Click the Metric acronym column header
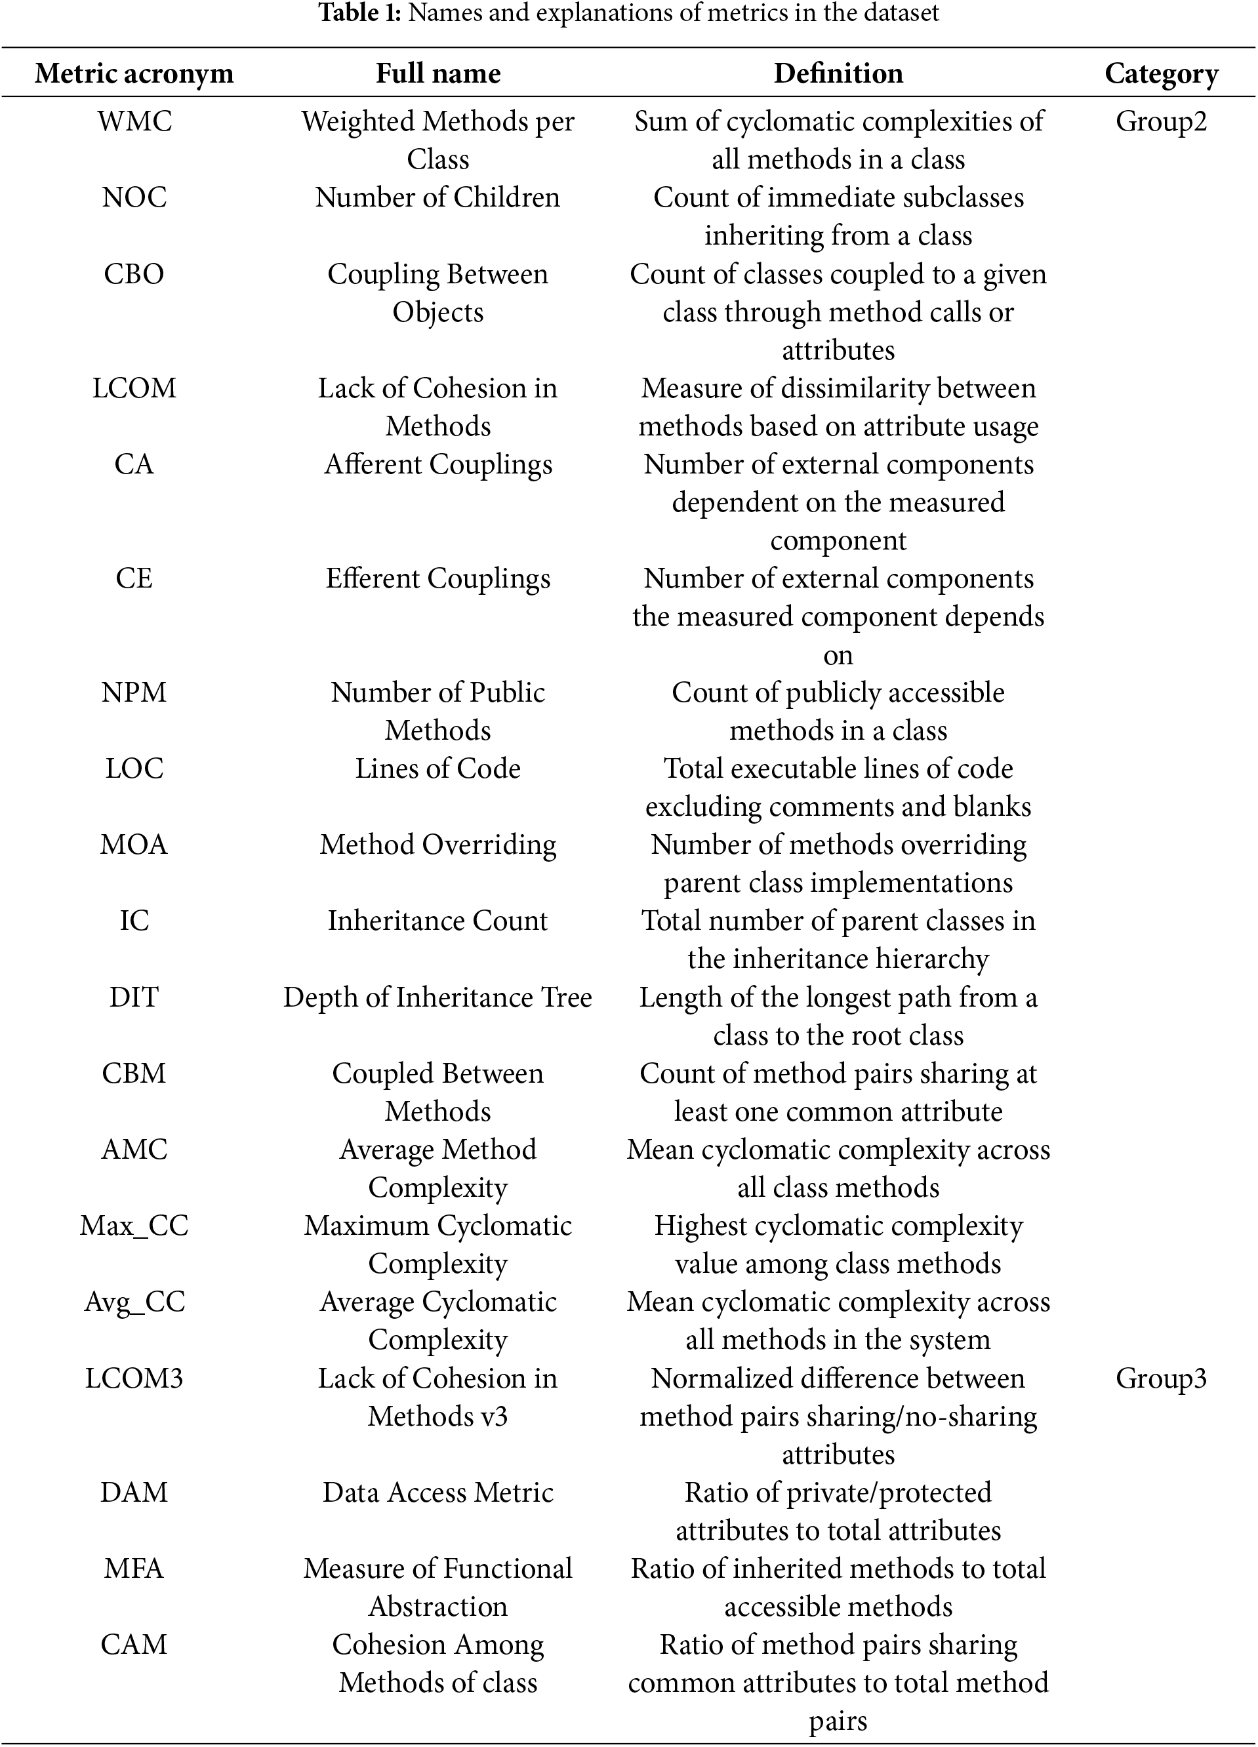pos(134,74)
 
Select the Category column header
pos(1161,74)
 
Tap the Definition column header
pos(838,74)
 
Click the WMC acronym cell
pos(134,122)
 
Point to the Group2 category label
pos(1161,122)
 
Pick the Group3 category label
pos(1161,1378)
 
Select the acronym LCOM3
pos(134,1378)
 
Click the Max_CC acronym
pos(134,1226)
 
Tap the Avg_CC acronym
pos(134,1302)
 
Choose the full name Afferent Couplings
pos(437,464)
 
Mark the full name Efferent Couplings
pos(437,578)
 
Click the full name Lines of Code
pos(437,769)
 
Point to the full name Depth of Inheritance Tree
pos(437,997)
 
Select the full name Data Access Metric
pos(437,1492)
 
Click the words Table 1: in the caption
pos(361,13)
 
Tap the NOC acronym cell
pos(134,198)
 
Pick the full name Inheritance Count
pos(437,921)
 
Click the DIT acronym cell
pos(134,997)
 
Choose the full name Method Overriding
pos(437,845)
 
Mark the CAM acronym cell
pos(134,1645)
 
